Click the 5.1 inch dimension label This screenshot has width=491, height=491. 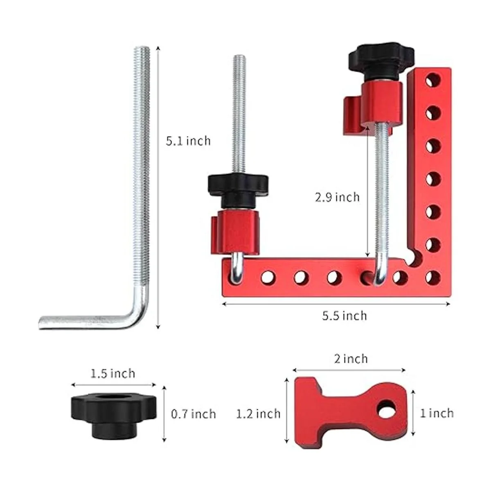click(188, 141)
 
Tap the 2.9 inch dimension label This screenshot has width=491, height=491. click(337, 197)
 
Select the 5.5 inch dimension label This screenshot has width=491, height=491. click(345, 316)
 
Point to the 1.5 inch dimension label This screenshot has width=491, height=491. click(113, 374)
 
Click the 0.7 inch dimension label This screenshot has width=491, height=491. click(194, 414)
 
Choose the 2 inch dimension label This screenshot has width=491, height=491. click(351, 359)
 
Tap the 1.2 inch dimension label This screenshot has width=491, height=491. click(258, 414)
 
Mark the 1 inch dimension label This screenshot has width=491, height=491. click(437, 413)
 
